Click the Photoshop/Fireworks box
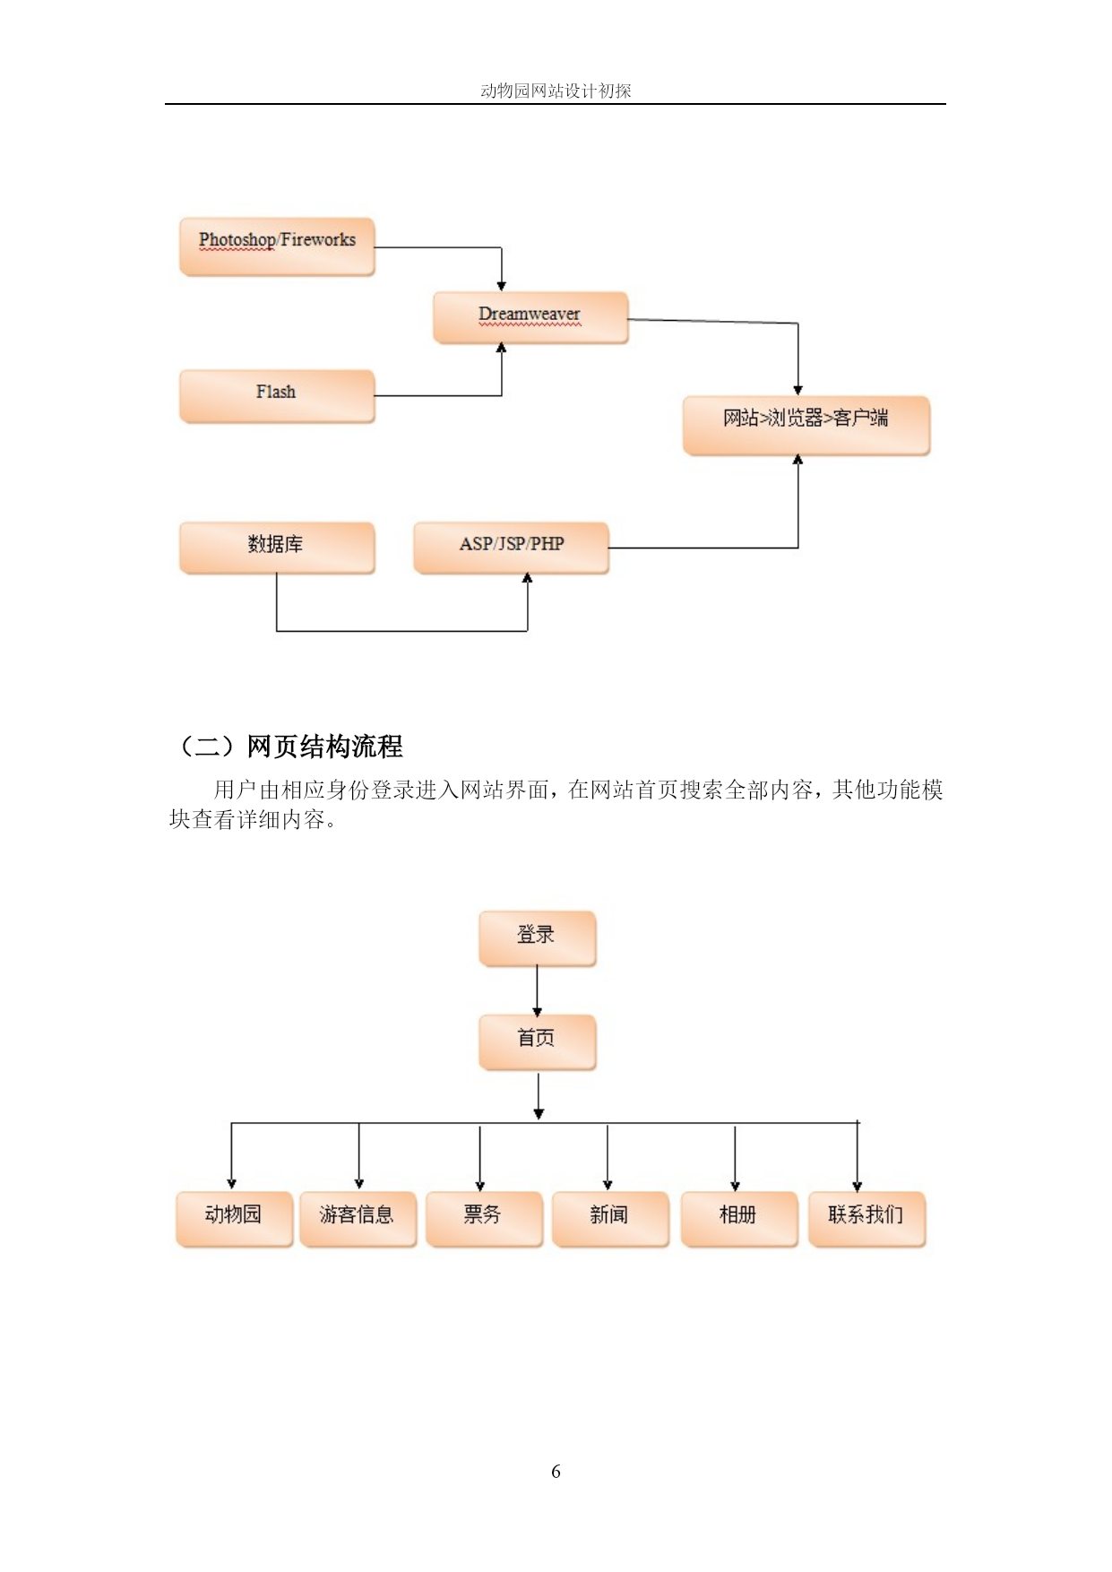277,246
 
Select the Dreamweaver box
530,317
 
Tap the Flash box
277,395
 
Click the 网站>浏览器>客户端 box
806,425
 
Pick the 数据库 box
277,547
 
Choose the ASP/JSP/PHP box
511,547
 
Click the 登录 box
538,938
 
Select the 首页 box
538,1041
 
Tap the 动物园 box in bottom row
235,1219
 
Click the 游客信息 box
358,1219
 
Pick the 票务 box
485,1219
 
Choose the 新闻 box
611,1219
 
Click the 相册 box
739,1219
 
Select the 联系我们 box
866,1219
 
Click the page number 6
556,1472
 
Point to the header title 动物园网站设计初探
556,91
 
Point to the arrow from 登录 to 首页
538,990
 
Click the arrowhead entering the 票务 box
480,1186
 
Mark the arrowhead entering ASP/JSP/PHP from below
528,579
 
